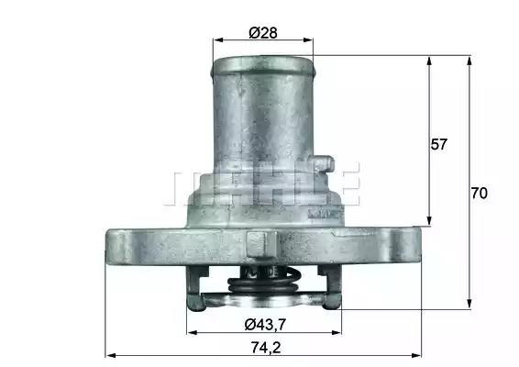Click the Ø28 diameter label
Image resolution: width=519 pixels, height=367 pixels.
click(x=263, y=32)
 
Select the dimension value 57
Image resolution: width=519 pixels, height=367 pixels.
click(x=439, y=144)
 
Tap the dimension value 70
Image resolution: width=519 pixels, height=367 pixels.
click(x=479, y=194)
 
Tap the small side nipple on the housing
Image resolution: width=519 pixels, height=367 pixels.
click(x=322, y=166)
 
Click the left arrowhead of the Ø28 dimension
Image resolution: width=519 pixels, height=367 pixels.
click(x=216, y=41)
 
